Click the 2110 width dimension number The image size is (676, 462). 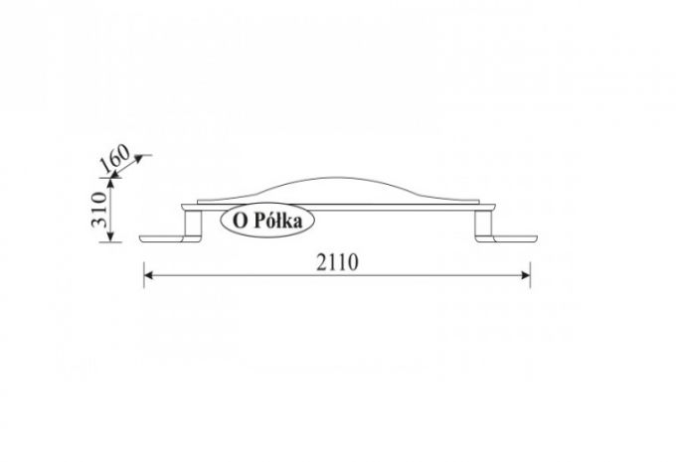point(337,262)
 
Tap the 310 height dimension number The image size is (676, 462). point(98,210)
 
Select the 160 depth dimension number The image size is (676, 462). point(114,158)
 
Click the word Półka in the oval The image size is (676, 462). point(278,221)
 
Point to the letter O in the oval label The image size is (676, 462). point(240,222)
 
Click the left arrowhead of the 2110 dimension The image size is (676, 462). point(149,275)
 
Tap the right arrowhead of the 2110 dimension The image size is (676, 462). point(525,275)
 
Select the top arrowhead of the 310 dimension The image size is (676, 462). point(110,183)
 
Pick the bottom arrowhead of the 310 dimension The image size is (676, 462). point(110,236)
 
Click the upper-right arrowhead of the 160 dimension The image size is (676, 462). point(139,159)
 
